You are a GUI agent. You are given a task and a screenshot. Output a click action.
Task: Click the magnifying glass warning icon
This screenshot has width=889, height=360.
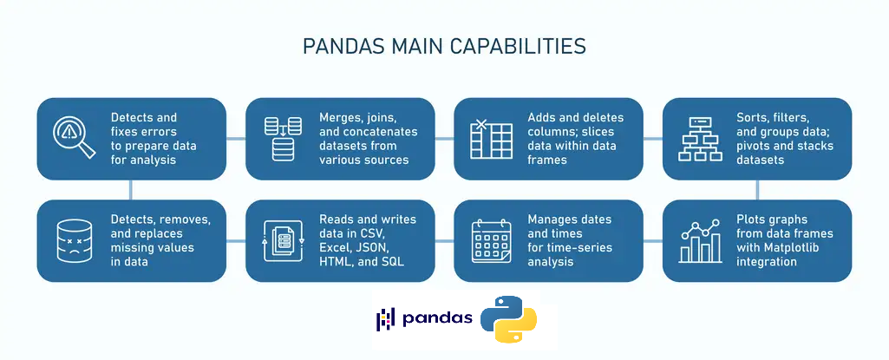click(x=74, y=137)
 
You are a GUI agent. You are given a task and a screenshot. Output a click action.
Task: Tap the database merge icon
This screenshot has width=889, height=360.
click(x=283, y=139)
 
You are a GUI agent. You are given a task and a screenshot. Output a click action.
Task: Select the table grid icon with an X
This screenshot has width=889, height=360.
click(x=491, y=139)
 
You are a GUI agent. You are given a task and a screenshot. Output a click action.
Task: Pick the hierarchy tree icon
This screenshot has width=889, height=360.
click(x=700, y=139)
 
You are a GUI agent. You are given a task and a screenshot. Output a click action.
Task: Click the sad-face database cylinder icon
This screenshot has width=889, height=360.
click(x=75, y=240)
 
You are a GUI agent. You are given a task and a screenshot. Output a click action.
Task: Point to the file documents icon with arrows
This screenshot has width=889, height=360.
click(x=284, y=240)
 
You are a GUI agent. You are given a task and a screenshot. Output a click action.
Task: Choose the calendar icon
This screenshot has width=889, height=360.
click(x=492, y=240)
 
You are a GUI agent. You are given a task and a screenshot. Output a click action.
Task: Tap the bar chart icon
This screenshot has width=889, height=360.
click(x=700, y=241)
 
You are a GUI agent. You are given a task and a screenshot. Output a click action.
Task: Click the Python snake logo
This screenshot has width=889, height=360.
click(x=508, y=318)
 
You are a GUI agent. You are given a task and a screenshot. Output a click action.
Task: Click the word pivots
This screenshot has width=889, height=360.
click(x=755, y=147)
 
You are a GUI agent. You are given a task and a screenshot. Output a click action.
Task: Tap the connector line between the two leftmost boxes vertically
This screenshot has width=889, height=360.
click(x=131, y=190)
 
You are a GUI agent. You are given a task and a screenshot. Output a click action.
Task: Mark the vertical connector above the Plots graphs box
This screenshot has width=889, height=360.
click(x=757, y=190)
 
